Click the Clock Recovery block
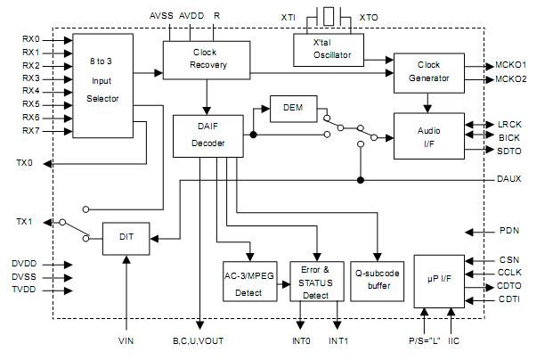(x=205, y=59)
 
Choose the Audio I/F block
(x=428, y=137)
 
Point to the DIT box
(x=126, y=238)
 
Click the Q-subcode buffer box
(x=378, y=280)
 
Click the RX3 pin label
(x=31, y=78)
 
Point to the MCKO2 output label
(x=511, y=79)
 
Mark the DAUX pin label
(x=508, y=179)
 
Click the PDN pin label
(x=508, y=232)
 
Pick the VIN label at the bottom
(x=126, y=341)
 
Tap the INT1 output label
(x=339, y=341)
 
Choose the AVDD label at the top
(x=191, y=16)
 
